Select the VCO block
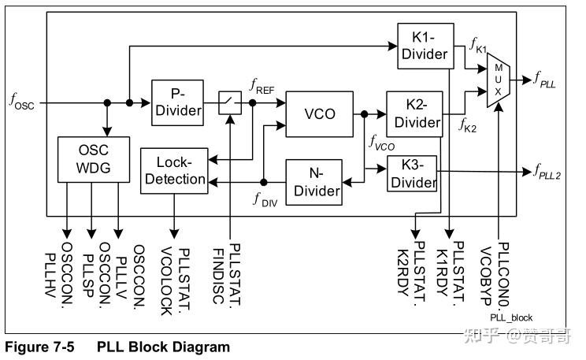[319, 113]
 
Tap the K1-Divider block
[424, 45]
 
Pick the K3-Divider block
[412, 173]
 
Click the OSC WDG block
[93, 159]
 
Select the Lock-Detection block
[174, 171]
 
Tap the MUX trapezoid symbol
[499, 80]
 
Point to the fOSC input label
[22, 101]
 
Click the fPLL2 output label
[547, 171]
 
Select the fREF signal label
[261, 85]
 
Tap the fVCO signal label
[381, 143]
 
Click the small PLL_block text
[511, 317]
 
